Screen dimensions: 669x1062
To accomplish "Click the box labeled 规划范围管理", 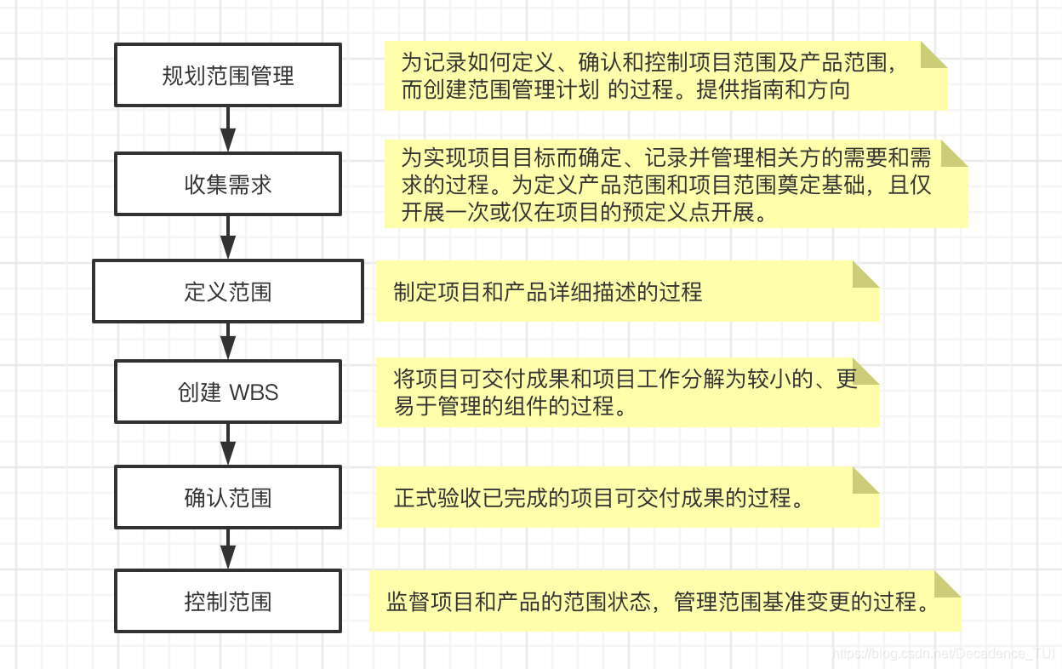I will [228, 76].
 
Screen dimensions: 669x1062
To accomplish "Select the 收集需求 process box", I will [228, 184].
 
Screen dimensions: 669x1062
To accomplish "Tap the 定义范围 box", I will [228, 292].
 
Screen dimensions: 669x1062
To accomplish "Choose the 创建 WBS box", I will [228, 392].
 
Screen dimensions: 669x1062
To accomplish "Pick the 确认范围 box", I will [228, 497].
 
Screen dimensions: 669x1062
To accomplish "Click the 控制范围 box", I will [228, 602].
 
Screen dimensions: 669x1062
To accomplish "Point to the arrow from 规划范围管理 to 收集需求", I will [228, 129].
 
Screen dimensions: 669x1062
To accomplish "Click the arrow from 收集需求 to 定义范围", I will [228, 237].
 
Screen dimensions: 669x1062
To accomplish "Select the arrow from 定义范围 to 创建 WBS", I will [228, 341].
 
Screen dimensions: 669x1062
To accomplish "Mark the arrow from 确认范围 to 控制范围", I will [228, 550].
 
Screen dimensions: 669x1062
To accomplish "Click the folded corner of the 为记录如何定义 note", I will [934, 54].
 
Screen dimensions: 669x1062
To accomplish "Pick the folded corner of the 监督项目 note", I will [948, 584].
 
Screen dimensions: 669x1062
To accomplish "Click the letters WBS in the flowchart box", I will [254, 393].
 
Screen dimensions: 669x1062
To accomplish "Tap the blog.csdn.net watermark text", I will [945, 654].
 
